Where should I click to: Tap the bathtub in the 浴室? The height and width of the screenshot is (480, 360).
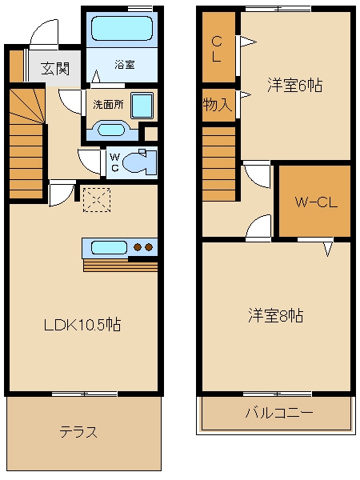121,30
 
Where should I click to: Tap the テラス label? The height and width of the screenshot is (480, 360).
78,433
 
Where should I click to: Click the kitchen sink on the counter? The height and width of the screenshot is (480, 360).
104,247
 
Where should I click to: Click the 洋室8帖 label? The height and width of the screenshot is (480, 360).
275,315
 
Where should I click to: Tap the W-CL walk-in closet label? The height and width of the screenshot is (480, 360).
315,202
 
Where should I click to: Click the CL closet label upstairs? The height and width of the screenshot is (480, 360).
217,48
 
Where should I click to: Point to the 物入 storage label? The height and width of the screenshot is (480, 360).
217,104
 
